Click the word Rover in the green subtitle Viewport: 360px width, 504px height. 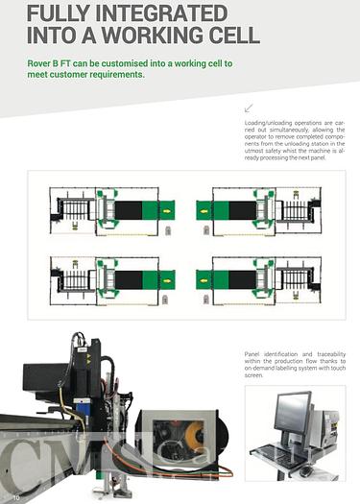(x=42, y=63)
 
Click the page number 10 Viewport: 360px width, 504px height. (x=16, y=495)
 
